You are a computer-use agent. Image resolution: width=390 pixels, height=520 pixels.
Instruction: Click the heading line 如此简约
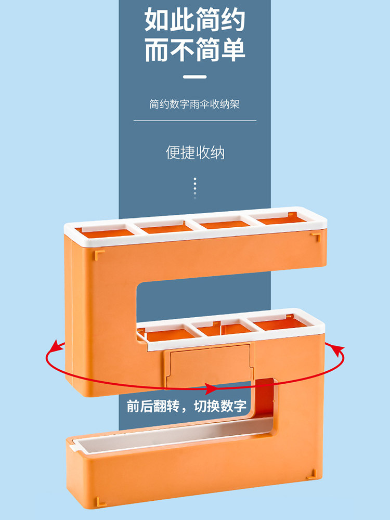(x=195, y=20)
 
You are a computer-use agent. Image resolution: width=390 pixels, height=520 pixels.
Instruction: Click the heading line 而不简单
(x=195, y=50)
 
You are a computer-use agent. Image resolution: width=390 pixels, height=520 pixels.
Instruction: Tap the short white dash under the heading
(x=195, y=77)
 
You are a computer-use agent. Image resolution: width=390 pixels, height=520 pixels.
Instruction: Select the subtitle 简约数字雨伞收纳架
(x=195, y=104)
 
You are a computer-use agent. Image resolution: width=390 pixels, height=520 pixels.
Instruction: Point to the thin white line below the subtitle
(x=195, y=121)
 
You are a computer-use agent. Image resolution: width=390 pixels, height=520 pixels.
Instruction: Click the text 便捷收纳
(x=195, y=152)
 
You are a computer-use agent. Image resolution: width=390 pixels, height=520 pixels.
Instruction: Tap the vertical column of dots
(x=195, y=188)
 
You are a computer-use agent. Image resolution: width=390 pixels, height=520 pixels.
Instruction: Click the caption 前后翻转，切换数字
(x=187, y=406)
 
